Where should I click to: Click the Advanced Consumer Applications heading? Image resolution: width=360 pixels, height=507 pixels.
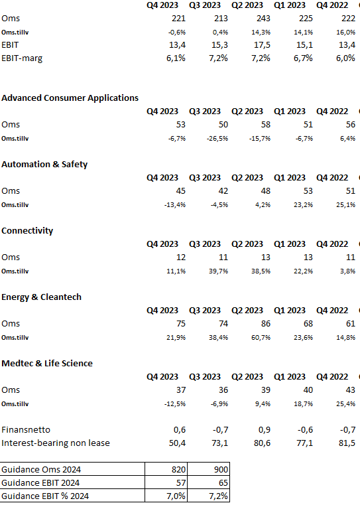(70, 98)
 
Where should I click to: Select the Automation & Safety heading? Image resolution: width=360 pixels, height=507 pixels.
(44, 165)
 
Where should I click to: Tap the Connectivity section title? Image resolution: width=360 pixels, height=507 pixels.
(27, 230)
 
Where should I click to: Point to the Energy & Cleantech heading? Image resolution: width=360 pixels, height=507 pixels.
(41, 297)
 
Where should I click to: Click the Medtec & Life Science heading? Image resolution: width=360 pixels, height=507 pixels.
(47, 363)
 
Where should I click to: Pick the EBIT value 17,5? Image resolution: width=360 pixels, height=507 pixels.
(262, 45)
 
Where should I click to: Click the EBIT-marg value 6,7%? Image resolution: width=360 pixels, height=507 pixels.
(303, 58)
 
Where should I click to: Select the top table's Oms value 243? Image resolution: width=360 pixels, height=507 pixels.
(263, 19)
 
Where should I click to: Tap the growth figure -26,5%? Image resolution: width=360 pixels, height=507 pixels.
(217, 139)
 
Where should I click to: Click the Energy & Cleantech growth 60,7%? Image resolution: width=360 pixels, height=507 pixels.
(261, 338)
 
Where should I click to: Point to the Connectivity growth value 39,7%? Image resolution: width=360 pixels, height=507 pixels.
(219, 271)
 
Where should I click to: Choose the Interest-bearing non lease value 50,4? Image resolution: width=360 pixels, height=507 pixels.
(177, 443)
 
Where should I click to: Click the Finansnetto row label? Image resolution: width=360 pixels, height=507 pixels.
(26, 430)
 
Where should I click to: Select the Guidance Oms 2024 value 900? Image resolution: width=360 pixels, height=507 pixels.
(221, 469)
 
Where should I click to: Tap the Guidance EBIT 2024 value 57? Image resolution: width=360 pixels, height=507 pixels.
(181, 482)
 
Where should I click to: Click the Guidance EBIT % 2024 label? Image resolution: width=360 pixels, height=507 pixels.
(45, 496)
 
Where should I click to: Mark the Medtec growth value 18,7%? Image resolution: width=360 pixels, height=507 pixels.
(303, 404)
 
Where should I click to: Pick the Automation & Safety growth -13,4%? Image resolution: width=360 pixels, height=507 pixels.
(175, 205)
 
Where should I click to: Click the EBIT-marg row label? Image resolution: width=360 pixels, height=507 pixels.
(22, 58)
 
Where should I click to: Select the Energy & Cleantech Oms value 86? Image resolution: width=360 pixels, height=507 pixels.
(266, 324)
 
